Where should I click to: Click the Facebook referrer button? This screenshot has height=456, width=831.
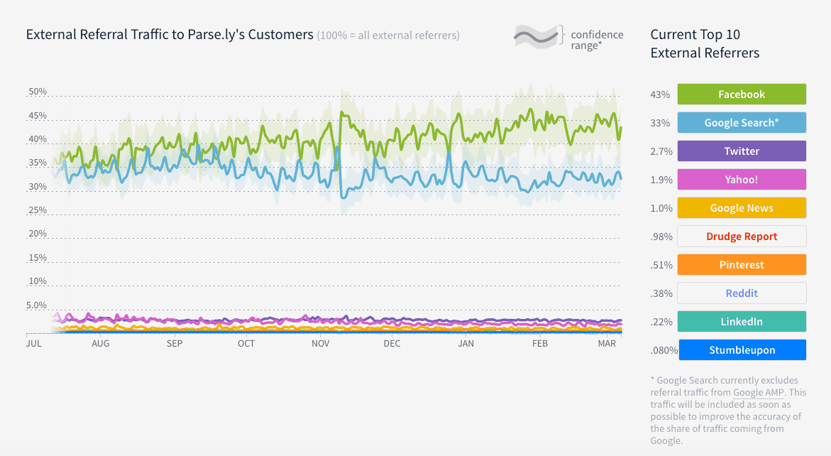click(742, 94)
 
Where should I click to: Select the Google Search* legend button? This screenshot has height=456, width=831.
click(742, 123)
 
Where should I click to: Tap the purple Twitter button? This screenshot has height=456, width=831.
click(742, 151)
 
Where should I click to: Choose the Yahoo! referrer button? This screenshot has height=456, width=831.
click(742, 180)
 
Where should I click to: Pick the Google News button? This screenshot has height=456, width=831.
click(742, 208)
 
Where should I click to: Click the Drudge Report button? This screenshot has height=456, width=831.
click(742, 237)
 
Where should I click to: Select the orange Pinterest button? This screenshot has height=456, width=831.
click(742, 265)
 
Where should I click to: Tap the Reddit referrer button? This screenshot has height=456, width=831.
click(742, 293)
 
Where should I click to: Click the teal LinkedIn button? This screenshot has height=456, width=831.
click(742, 322)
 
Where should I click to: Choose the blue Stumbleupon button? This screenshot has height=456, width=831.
click(742, 350)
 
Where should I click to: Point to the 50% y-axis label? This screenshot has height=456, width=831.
click(38, 92)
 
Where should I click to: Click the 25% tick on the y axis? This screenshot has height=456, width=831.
click(38, 211)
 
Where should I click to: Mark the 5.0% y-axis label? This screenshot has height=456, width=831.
click(37, 305)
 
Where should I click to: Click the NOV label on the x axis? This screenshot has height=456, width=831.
click(320, 344)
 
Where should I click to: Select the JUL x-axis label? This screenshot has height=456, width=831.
click(33, 344)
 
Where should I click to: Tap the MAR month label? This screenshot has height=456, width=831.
click(607, 344)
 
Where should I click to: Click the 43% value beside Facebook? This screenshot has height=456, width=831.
click(660, 94)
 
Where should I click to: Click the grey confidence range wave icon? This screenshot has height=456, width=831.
click(536, 35)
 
